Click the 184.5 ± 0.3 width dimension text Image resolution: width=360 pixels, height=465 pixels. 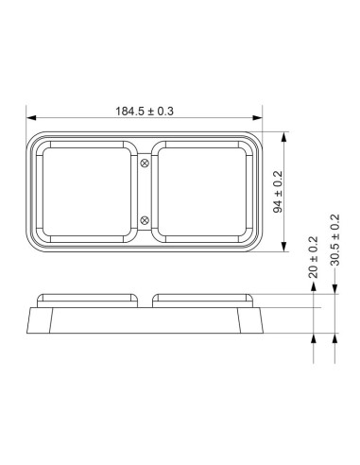(x=145, y=112)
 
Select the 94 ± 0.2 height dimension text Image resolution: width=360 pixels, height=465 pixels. (x=278, y=192)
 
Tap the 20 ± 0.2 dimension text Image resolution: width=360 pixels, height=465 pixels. (x=313, y=257)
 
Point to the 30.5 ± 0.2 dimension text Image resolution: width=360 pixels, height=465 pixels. (x=334, y=240)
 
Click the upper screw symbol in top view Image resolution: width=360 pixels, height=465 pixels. (x=145, y=164)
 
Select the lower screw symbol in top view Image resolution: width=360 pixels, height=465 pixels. (x=145, y=220)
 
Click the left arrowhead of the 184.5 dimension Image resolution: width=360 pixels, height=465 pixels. (x=31, y=118)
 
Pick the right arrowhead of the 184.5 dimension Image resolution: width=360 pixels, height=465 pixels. (x=257, y=118)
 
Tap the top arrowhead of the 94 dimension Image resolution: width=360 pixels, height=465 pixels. (x=284, y=137)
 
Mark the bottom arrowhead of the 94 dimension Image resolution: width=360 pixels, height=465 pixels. (x=284, y=247)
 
